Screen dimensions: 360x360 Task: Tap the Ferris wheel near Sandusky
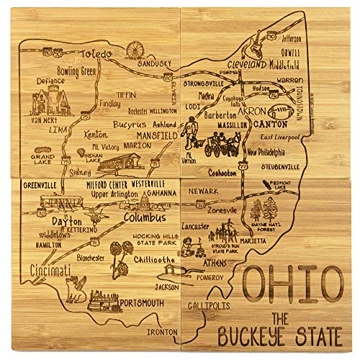pos(135,50)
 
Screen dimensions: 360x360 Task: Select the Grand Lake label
pos(42,158)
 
